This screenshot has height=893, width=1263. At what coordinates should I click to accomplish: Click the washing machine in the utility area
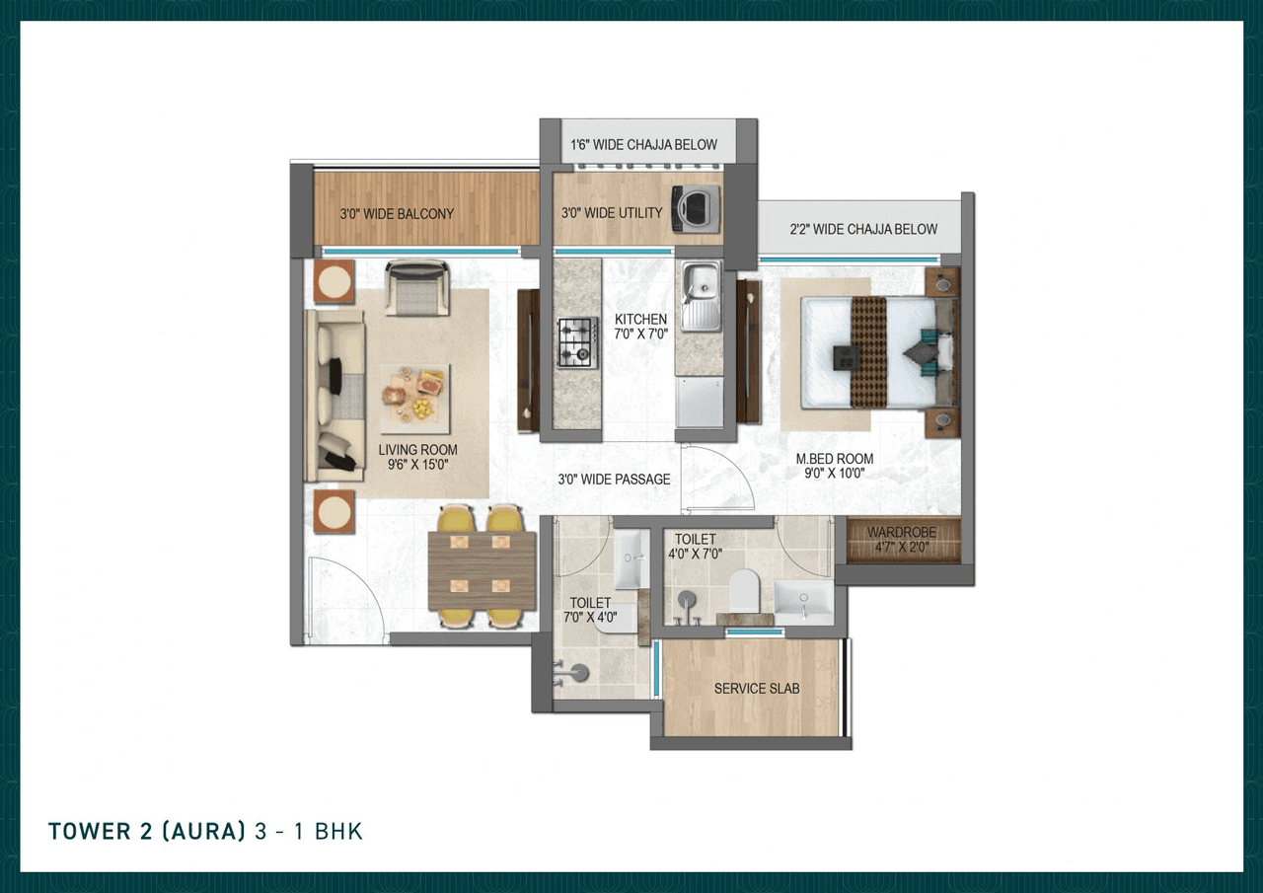(x=696, y=208)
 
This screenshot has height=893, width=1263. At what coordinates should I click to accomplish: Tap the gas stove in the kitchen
(x=577, y=342)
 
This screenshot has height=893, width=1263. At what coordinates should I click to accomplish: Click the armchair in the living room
(x=418, y=287)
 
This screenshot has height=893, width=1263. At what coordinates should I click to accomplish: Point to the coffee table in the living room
(x=415, y=399)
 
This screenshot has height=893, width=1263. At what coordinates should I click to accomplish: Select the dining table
(x=482, y=570)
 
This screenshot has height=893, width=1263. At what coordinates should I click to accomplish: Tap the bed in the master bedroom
(x=868, y=352)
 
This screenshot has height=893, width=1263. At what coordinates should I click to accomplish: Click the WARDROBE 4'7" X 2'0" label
(x=902, y=540)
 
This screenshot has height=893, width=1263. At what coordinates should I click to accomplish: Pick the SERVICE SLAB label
(x=757, y=688)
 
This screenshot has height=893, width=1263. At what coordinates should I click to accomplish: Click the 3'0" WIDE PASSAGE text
(x=614, y=480)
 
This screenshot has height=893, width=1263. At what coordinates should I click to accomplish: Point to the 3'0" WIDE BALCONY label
(x=397, y=213)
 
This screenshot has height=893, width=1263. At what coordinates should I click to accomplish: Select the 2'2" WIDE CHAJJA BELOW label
(x=863, y=229)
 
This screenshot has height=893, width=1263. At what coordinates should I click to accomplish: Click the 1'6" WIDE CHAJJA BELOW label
(x=643, y=145)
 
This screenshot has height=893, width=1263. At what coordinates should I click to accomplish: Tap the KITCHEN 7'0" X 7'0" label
(x=640, y=327)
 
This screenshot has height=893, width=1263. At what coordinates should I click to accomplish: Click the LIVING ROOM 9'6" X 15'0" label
(x=417, y=457)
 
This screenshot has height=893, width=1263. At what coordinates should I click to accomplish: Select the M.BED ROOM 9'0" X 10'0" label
(x=835, y=466)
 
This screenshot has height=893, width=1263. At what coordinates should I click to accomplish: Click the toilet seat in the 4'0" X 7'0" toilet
(x=742, y=592)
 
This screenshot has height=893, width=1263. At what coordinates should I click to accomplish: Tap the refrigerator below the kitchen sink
(x=700, y=401)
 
